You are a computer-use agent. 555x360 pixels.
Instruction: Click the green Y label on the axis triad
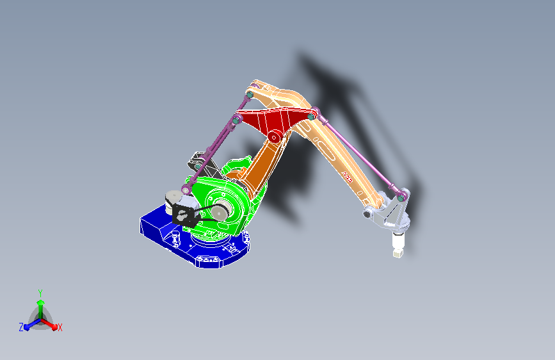coord(40,291)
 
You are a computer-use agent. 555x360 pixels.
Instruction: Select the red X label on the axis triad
coord(60,327)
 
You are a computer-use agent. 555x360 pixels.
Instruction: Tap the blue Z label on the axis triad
coord(21,327)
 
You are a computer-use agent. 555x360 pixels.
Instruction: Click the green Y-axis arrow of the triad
coord(40,304)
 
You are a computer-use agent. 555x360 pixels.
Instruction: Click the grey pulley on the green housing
coord(221,211)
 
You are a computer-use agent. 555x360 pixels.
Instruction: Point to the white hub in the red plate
coord(274,136)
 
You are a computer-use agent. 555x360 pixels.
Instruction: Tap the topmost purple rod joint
coord(250,95)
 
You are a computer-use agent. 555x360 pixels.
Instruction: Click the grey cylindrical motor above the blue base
coord(172,200)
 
